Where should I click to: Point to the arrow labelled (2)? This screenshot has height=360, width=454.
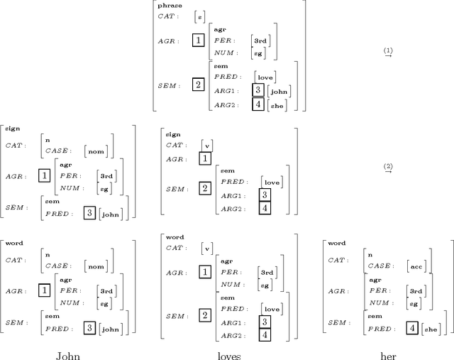[x=388, y=168]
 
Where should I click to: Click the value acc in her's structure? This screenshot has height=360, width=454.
[x=416, y=268]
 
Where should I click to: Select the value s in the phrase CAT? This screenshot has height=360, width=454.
[x=199, y=17]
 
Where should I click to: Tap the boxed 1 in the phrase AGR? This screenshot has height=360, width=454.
[x=198, y=40]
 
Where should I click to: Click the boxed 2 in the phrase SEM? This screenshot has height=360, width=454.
[x=198, y=84]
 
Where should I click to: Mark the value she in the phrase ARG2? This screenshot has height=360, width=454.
[x=278, y=105]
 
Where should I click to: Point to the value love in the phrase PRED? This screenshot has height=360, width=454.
[x=265, y=77]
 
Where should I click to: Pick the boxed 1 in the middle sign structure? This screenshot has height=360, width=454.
[x=205, y=159]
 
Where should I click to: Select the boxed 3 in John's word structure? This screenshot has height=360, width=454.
[x=89, y=327]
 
